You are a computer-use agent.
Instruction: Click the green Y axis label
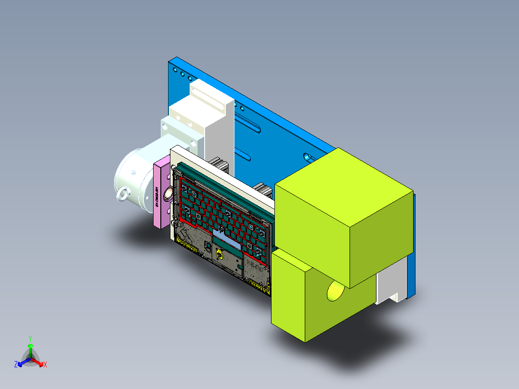pos(30,338)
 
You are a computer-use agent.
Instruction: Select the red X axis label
pos(45,365)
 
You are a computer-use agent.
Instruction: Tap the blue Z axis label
pos(16,365)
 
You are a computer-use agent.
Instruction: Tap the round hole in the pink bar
pos(169,194)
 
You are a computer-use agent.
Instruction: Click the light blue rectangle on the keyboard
pos(226,239)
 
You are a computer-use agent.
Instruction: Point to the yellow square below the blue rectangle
pos(219,253)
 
